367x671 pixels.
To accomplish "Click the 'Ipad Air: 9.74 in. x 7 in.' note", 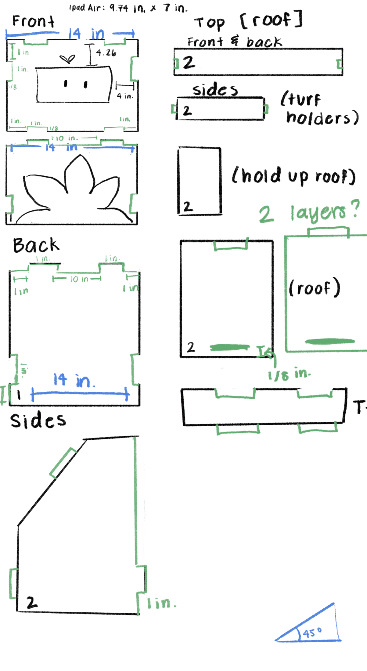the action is [x=128, y=8].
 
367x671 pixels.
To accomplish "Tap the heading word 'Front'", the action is [x=33, y=21].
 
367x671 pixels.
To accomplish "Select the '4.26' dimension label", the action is [x=106, y=53].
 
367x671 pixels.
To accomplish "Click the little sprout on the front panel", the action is [x=67, y=59].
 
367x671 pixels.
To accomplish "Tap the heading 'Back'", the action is [x=36, y=245].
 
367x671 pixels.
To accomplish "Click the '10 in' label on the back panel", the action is [x=79, y=279].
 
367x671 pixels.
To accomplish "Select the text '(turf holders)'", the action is [x=319, y=109].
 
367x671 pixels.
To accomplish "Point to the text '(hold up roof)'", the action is [x=293, y=176].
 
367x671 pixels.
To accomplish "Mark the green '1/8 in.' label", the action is [x=289, y=374].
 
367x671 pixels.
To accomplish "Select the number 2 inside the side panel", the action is [x=31, y=603].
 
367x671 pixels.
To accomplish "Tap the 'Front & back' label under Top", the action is [x=234, y=42].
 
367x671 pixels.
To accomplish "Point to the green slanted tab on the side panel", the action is [x=63, y=463].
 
